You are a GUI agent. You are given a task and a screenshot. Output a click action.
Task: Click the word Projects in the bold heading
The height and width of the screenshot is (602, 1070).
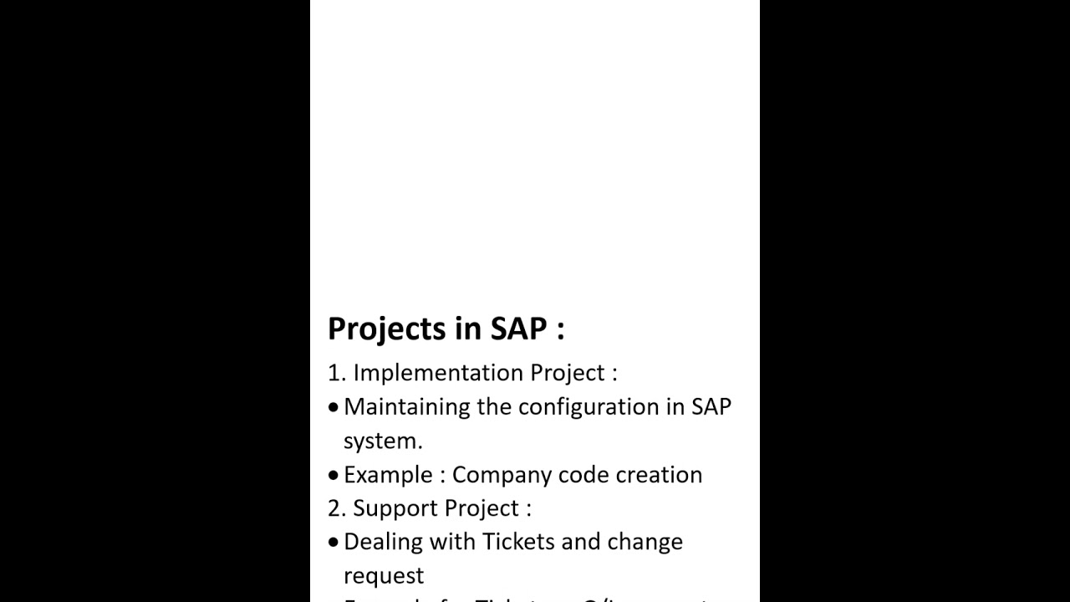coord(387,329)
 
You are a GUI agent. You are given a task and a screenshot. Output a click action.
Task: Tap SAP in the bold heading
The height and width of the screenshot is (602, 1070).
coord(518,328)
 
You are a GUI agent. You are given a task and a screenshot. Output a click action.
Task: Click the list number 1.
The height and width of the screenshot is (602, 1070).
coord(335,373)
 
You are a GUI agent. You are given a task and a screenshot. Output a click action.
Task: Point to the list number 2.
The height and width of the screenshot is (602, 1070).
coord(336,508)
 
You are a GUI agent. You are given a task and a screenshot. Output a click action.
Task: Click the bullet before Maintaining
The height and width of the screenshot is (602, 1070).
coord(334,407)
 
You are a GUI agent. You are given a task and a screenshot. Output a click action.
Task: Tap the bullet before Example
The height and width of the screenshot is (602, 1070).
coord(334,475)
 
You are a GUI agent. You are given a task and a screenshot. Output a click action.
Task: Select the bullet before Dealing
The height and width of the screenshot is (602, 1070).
coord(334,542)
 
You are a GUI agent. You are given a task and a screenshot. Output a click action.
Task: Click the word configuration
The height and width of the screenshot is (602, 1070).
coord(588,407)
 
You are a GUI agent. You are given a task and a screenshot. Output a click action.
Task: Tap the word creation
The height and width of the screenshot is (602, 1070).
coord(659,475)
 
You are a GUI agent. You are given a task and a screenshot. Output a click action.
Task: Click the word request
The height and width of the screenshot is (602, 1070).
coord(384,576)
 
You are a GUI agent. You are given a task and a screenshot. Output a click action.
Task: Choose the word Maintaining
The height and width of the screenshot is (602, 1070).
coord(407,407)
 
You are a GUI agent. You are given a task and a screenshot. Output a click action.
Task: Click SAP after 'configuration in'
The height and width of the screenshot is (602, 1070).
coord(711,407)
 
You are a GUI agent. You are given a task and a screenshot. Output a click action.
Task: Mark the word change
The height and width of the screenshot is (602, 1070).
coord(645,542)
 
